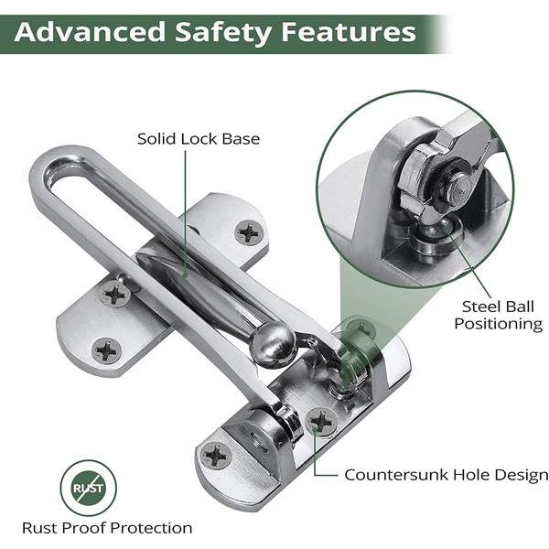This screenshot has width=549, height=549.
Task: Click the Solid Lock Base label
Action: [x=199, y=139]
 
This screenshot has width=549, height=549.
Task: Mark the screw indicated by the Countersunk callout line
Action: [x=322, y=420]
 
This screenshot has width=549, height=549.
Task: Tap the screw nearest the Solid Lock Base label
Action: [x=249, y=231]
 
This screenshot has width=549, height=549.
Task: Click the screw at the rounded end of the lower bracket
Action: [x=217, y=454]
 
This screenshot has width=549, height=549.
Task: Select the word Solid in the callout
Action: [x=158, y=139]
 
